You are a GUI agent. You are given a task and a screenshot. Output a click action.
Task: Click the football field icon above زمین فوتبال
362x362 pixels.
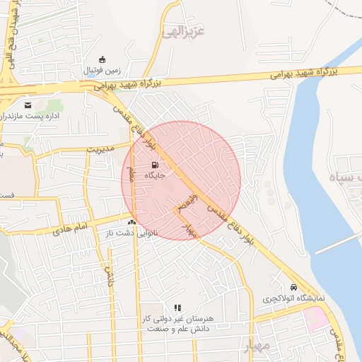pos(103,59)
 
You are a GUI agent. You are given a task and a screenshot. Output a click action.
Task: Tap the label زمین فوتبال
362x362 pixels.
pos(103,71)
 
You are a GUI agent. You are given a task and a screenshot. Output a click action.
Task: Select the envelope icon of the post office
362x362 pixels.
pos(28,105)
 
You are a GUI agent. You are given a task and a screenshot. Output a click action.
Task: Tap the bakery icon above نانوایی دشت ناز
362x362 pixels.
pos(132,222)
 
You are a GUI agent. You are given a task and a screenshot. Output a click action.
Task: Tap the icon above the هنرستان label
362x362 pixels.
pos(177,308)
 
